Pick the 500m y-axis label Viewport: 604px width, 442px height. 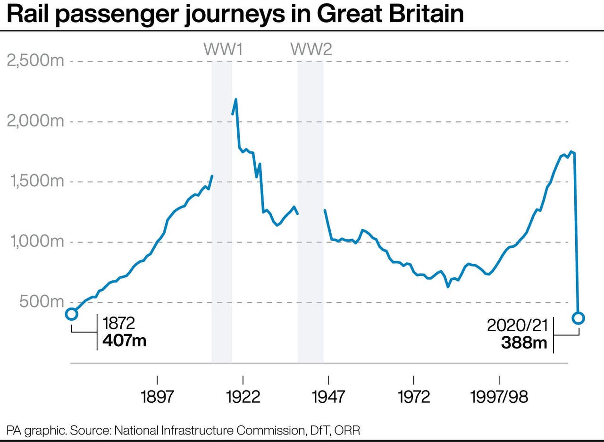(42, 302)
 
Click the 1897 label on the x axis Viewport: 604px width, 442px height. (157, 397)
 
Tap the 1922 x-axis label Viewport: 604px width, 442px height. (243, 397)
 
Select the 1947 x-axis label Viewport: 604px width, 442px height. (328, 397)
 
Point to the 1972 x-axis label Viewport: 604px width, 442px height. (414, 397)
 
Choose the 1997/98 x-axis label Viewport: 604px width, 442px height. (499, 397)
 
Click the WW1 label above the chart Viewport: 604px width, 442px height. (223, 49)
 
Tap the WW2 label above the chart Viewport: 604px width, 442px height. (311, 49)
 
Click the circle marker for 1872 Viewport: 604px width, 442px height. (71, 314)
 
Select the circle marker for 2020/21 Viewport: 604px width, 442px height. (578, 318)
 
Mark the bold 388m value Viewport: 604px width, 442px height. (524, 343)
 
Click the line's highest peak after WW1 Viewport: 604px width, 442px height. (235, 100)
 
